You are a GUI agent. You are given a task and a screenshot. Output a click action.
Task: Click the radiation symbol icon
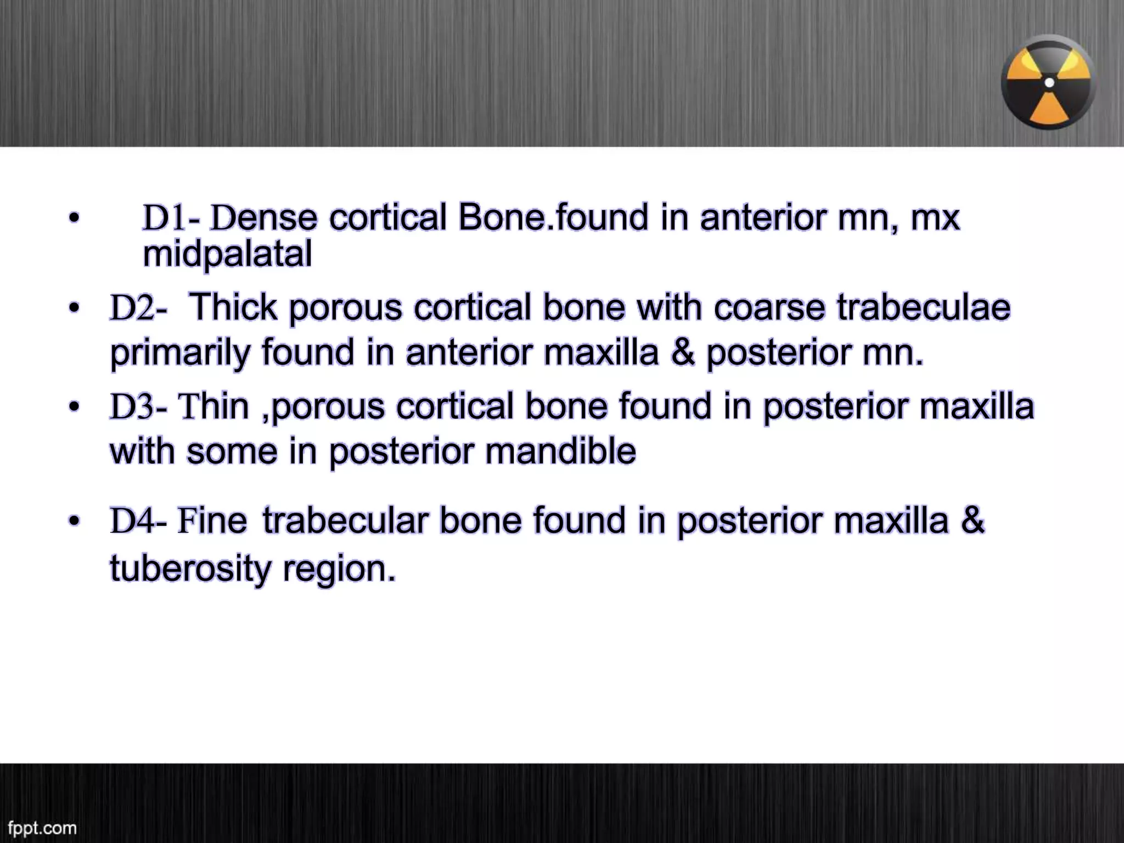coord(1049,82)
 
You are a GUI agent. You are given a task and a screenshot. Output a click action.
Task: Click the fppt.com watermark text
coord(42,827)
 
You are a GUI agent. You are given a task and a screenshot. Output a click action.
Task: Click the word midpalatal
coord(227,255)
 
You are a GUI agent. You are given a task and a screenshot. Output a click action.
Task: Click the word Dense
coord(264,218)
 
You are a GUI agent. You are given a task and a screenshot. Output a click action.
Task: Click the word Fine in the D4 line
coord(212,521)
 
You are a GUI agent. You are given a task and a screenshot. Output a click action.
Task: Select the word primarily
coord(181,353)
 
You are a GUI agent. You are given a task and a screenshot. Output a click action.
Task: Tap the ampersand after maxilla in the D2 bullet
coord(682,353)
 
